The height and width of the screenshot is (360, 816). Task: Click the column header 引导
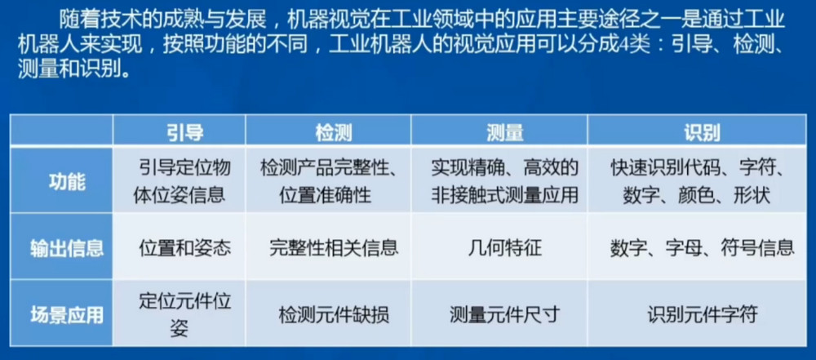pos(179,132)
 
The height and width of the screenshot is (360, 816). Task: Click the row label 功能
pos(62,182)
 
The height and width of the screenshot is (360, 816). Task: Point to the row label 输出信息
pos(62,248)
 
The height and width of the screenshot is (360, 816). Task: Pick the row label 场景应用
pos(62,315)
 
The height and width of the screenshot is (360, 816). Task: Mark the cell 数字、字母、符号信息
pos(703,248)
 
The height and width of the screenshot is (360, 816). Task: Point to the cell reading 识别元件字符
pos(703,315)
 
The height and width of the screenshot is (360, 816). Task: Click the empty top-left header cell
pos(61,130)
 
